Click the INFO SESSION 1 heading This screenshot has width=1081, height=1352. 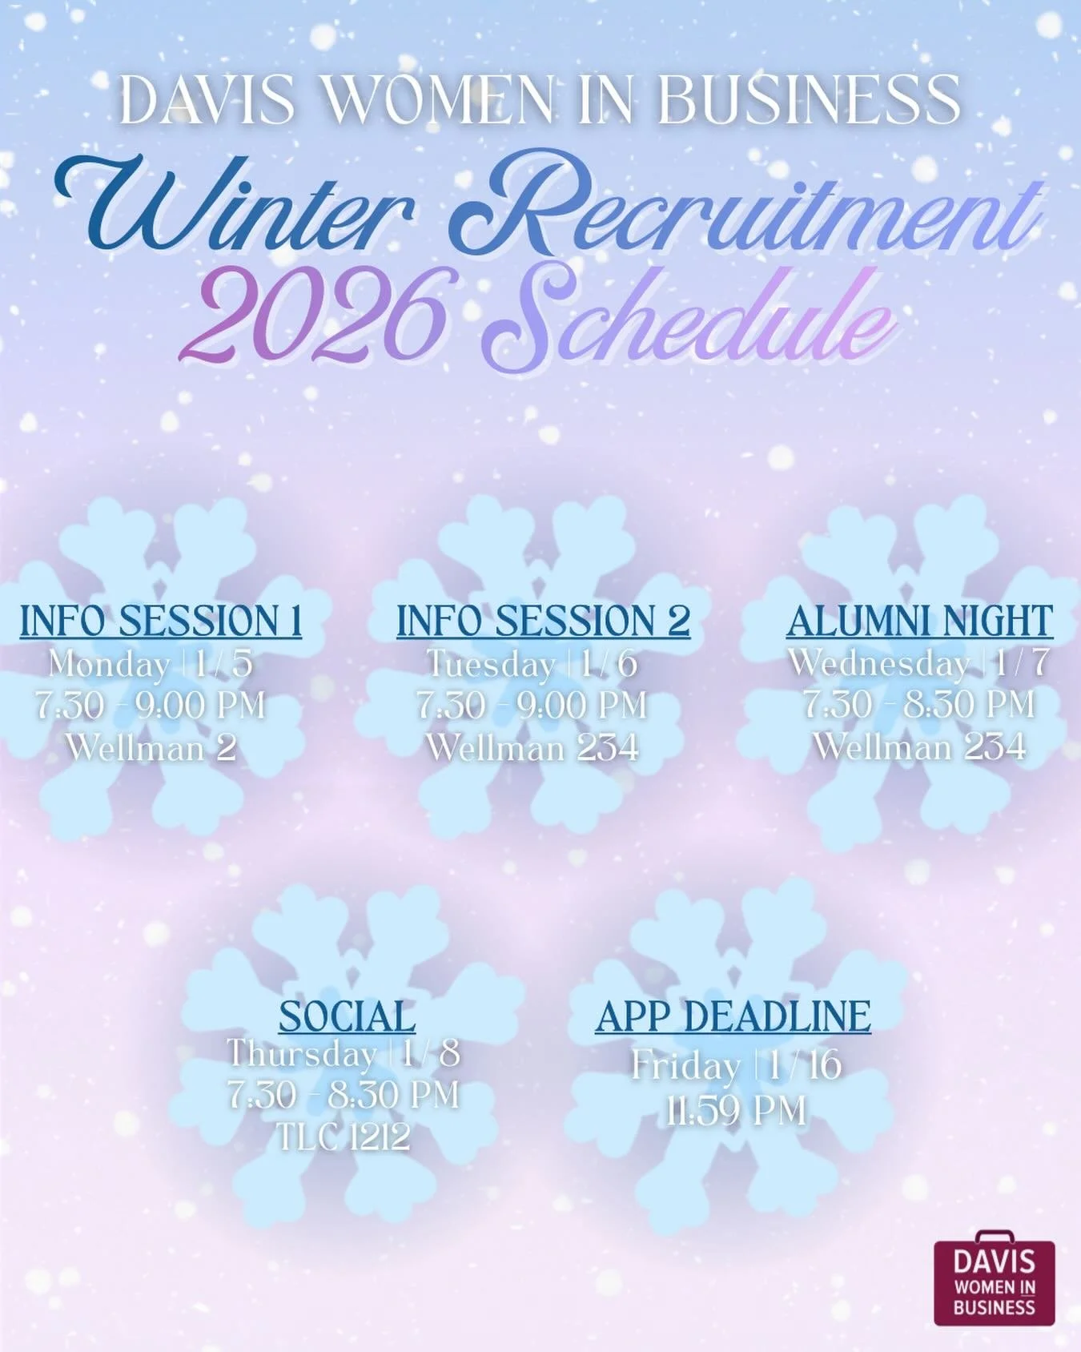(161, 622)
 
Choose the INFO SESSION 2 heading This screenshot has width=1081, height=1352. (543, 622)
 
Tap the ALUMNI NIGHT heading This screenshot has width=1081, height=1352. (919, 622)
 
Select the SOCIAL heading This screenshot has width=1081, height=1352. (347, 1017)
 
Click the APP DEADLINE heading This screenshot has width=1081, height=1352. (733, 1017)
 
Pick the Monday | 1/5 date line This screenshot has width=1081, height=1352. (151, 664)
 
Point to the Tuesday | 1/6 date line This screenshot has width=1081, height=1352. (532, 664)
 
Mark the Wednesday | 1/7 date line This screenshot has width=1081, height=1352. (918, 663)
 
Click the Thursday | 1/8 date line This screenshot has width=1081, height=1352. (344, 1054)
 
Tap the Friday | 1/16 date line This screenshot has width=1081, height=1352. (736, 1065)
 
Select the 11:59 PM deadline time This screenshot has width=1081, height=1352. (736, 1111)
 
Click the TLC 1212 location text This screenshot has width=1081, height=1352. (344, 1137)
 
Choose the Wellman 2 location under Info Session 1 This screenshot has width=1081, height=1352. (151, 748)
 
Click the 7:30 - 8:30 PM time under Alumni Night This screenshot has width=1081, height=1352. (919, 706)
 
